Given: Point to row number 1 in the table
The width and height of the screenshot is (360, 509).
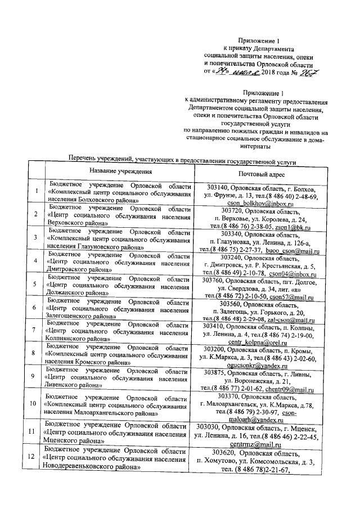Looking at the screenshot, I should pyautogui.click(x=37, y=192).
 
